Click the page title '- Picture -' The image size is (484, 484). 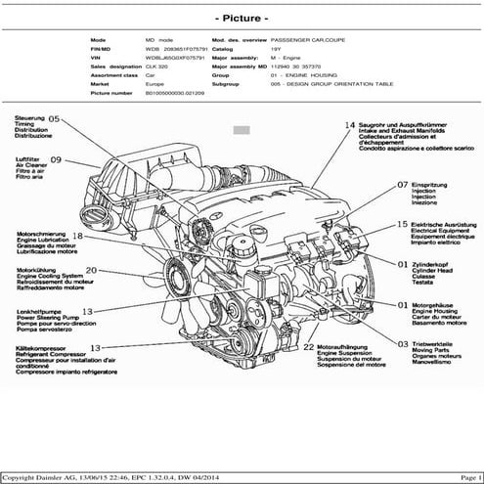coord(242,18)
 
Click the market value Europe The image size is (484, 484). coord(155,85)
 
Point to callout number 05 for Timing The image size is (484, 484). coord(54,118)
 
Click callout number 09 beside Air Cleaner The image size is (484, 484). coord(56,159)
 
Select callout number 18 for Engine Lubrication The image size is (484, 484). coord(78,236)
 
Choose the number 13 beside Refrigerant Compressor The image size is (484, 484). coord(96,347)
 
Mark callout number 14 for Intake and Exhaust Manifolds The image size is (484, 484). coord(349,126)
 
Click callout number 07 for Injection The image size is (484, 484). coord(402,184)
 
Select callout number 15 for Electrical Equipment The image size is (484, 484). coord(402,224)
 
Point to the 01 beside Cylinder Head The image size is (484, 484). coord(402,263)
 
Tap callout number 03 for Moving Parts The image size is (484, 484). coord(403,344)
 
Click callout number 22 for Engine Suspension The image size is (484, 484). coord(308,347)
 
